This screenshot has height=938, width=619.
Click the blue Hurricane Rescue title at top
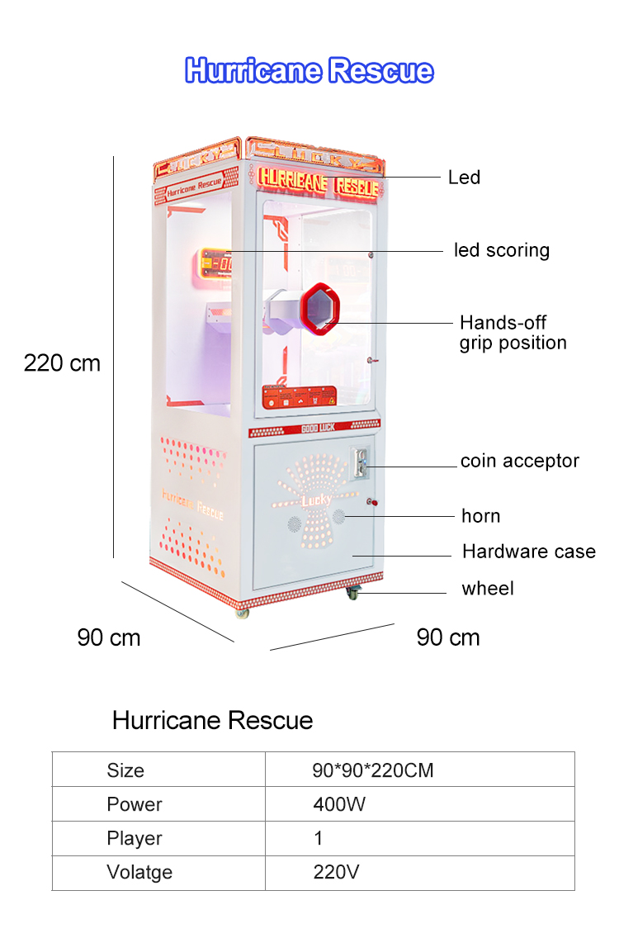pyautogui.click(x=309, y=70)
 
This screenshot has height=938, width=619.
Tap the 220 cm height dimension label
pyautogui.click(x=62, y=363)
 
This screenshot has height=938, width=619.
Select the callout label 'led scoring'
pyautogui.click(x=501, y=250)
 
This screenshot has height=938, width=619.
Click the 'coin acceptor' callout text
pyautogui.click(x=520, y=461)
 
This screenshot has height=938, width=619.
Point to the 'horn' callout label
pyautogui.click(x=481, y=516)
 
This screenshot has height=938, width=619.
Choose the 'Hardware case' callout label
pyautogui.click(x=529, y=551)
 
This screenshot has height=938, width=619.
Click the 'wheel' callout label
pyautogui.click(x=488, y=588)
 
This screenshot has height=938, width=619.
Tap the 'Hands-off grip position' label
pyautogui.click(x=513, y=333)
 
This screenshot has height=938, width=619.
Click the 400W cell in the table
pyautogui.click(x=339, y=804)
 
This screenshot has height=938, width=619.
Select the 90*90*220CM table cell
pyautogui.click(x=372, y=770)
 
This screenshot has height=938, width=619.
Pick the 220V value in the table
pyautogui.click(x=336, y=872)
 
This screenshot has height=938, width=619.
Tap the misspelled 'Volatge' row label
pyautogui.click(x=139, y=872)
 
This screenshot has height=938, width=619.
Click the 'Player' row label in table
pyautogui.click(x=135, y=839)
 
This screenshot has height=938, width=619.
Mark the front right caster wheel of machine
pyautogui.click(x=353, y=594)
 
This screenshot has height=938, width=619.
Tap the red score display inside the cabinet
pyautogui.click(x=215, y=264)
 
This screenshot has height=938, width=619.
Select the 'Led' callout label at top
pyautogui.click(x=464, y=177)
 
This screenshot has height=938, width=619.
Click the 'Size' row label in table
pyautogui.click(x=125, y=770)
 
